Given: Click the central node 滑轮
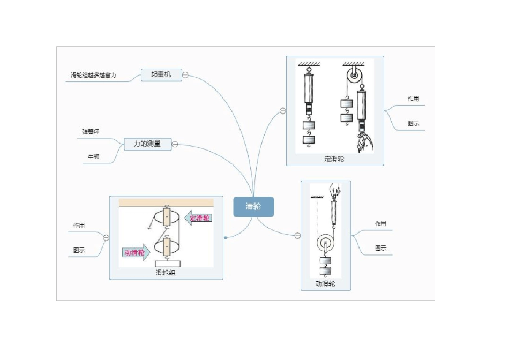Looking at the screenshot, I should pos(253,207).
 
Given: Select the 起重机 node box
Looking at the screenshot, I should pos(161,74).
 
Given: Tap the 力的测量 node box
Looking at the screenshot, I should pos(148,144).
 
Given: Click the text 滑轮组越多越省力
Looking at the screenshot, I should pos(94,75).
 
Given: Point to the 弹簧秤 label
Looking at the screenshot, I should pos(91,131).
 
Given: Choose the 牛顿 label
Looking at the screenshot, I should pos(94,156).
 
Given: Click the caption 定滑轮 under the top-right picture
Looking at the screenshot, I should pos(334,159).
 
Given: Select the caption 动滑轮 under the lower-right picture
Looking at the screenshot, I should pos(325,284).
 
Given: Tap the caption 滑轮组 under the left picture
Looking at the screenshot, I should pos(166,272).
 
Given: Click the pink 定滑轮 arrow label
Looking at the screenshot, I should pos(199,217).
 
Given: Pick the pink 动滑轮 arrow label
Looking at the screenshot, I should pos(135,252).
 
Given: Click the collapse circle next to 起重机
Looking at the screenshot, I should pos(185,75).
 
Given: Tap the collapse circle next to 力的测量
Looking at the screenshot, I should pos(175,144).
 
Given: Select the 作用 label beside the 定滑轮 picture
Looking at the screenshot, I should pos(413,99).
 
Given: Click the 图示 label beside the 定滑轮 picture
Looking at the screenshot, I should pos(413,124).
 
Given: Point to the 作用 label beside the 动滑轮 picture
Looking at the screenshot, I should pos(380,223).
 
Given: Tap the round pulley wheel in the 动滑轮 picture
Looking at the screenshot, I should pos(325,244).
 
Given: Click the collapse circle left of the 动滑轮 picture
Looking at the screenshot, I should pos(298,235).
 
